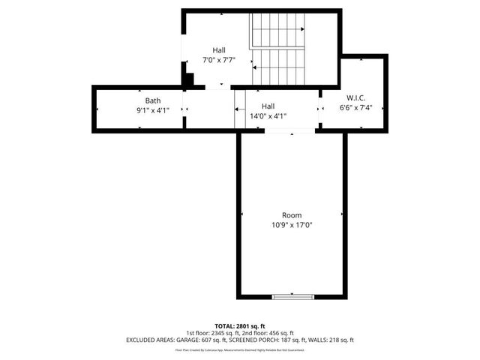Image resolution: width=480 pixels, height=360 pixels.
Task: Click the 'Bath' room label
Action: click(x=152, y=100)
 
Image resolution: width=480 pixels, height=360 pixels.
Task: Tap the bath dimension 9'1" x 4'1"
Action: click(x=152, y=110)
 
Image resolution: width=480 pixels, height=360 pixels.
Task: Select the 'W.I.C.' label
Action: click(x=355, y=97)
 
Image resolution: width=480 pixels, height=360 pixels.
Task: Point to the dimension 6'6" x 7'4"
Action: click(x=355, y=107)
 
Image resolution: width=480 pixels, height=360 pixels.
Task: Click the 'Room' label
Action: click(x=292, y=215)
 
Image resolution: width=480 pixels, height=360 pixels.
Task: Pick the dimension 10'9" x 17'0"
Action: click(x=292, y=225)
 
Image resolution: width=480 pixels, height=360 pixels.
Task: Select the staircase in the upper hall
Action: click(x=278, y=49)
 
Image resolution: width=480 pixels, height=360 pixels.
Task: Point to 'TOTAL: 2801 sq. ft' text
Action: click(x=239, y=325)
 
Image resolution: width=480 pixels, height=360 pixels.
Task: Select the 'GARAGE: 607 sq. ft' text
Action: click(x=193, y=340)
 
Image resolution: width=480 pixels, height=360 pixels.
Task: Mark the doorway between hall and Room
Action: click(x=290, y=132)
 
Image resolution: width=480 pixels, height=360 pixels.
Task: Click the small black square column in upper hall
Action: click(x=190, y=78)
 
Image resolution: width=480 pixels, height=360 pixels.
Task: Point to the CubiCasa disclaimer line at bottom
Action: click(x=239, y=349)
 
